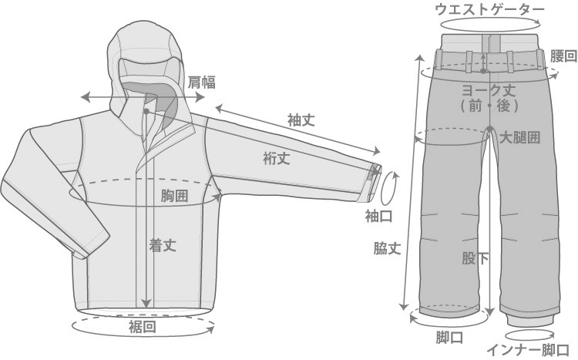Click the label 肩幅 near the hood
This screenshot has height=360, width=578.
coord(202,82)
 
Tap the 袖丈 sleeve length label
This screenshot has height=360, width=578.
coord(301,120)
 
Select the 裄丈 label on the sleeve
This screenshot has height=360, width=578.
coord(277,159)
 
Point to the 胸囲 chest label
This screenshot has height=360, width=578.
coord(175,196)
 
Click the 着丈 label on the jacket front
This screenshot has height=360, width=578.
coord(163,245)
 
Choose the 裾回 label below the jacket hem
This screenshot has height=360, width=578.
coord(143,326)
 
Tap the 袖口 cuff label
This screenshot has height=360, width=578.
coord(378,217)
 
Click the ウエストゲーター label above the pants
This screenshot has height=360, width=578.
coord(490,9)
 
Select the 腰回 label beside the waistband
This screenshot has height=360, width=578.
coord(563,56)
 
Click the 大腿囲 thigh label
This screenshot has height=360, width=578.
coord(519,138)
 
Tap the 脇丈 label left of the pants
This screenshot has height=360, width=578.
coord(387,248)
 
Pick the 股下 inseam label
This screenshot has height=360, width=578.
coord(476,258)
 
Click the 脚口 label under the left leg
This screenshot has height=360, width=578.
coord(449,337)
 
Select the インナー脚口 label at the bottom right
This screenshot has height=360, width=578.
coord(528,350)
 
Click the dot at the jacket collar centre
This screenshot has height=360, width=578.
coord(146,111)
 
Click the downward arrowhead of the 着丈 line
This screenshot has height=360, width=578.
coord(146,302)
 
